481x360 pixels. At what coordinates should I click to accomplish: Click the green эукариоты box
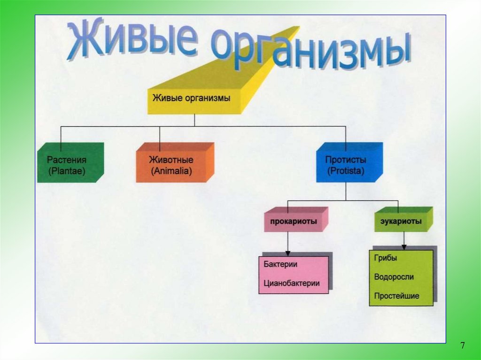[402, 221]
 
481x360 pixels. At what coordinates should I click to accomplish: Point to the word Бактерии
[280, 264]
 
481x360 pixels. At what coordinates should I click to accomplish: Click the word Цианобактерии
[292, 283]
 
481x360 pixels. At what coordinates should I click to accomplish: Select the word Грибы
[386, 258]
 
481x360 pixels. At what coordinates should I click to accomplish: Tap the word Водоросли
[394, 277]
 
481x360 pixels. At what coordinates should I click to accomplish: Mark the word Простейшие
[397, 296]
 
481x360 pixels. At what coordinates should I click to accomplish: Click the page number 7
[463, 346]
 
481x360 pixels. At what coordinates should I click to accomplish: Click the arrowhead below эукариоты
[403, 247]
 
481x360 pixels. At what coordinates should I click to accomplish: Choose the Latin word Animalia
[172, 172]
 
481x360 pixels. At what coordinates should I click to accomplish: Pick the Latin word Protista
[346, 172]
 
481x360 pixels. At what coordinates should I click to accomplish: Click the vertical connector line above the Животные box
[160, 135]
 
